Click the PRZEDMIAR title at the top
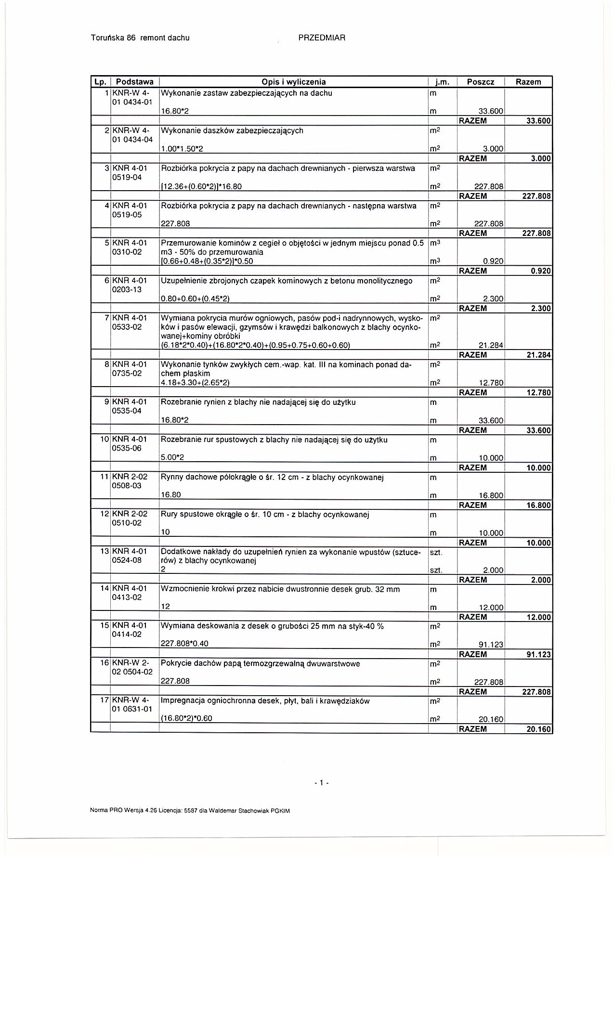tap(322, 38)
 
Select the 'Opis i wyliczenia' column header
tap(293, 82)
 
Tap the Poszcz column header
tap(481, 82)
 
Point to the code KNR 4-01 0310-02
tap(129, 247)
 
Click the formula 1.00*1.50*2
tap(182, 149)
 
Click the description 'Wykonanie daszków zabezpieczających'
tap(232, 130)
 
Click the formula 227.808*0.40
tap(184, 644)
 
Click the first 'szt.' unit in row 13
tap(436, 552)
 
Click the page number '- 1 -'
tap(321, 783)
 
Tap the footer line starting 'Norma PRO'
tap(190, 810)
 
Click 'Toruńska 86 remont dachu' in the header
tap(140, 38)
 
